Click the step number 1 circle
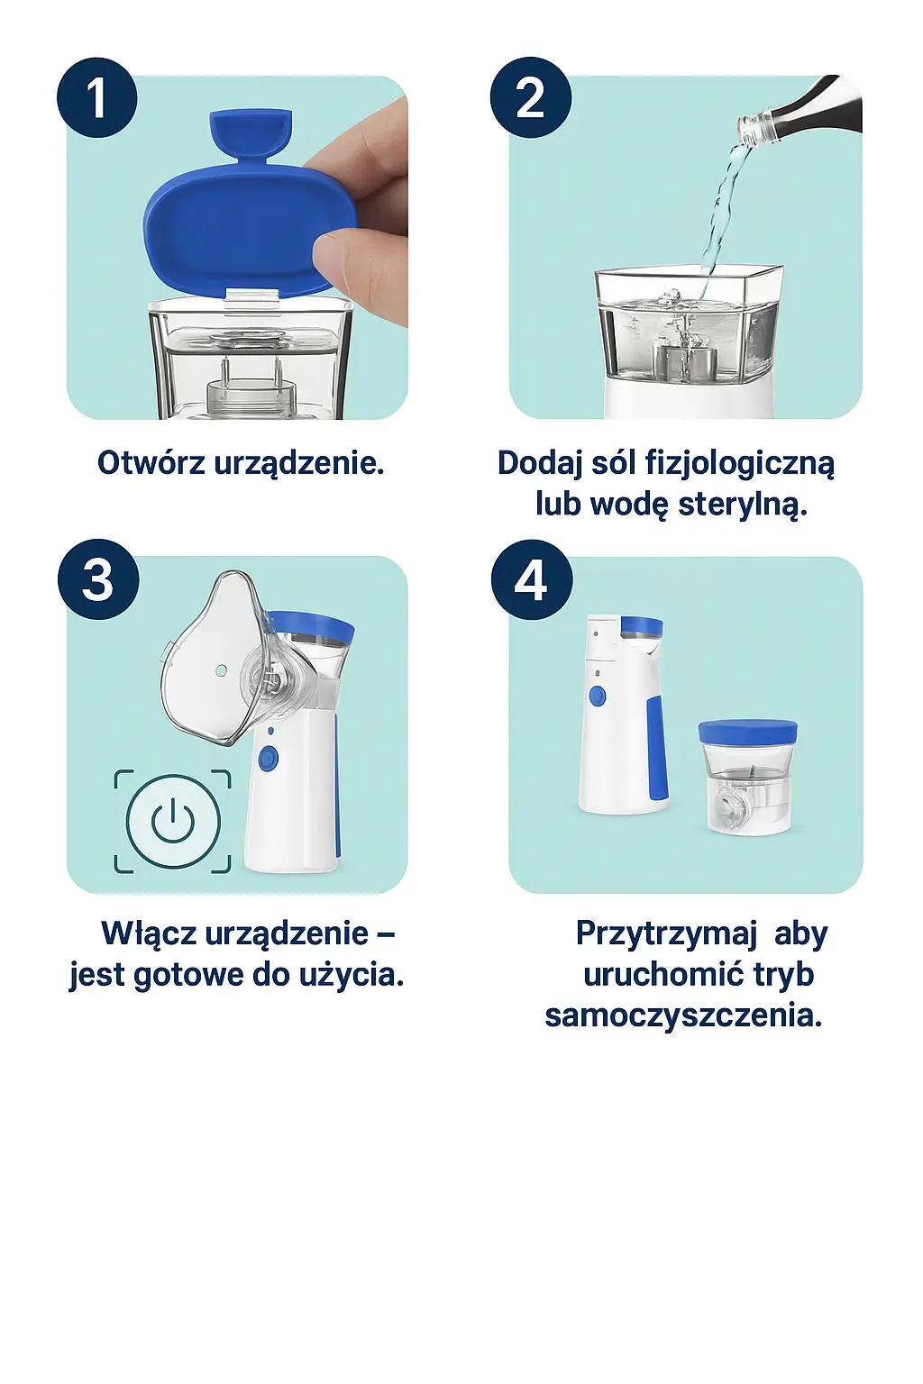click(97, 98)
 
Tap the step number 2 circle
click(531, 98)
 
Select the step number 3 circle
click(98, 579)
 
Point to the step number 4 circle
click(532, 579)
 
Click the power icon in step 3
click(173, 821)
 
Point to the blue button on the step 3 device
click(268, 759)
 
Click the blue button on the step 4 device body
click(597, 696)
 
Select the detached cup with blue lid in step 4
click(747, 775)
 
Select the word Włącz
click(149, 933)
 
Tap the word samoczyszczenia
click(683, 1016)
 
